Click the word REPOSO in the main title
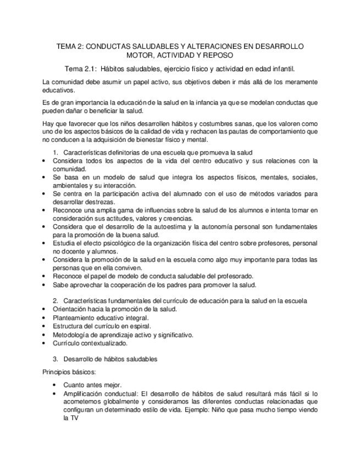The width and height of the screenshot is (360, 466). click(218, 56)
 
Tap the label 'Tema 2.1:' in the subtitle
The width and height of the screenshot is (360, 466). click(81, 69)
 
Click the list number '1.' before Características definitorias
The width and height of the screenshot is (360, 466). click(56, 152)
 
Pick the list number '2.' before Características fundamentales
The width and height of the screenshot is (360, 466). click(56, 301)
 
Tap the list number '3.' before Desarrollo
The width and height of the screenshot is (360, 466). click(56, 359)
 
